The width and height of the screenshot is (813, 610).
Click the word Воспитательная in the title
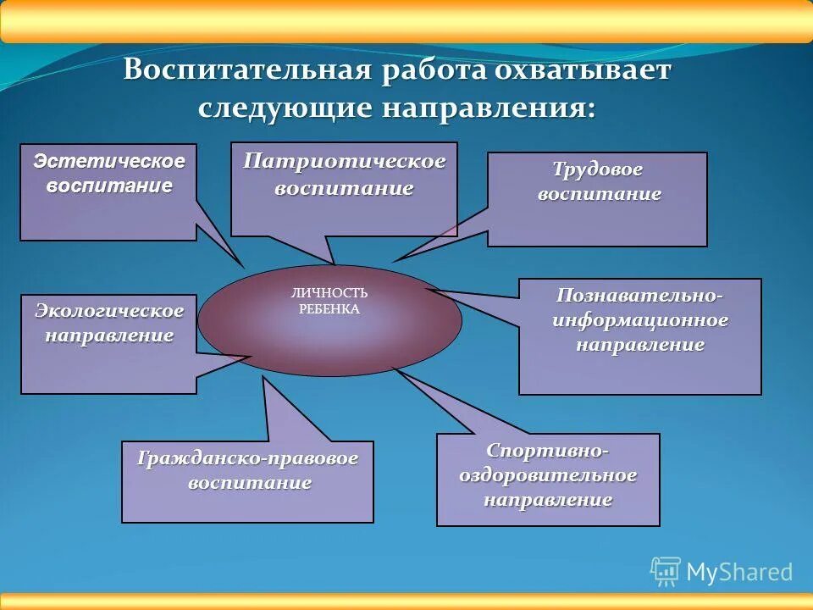(247, 70)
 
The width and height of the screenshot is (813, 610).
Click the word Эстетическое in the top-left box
(108, 161)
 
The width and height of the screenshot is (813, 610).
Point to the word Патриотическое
(344, 161)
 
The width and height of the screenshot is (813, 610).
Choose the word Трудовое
(598, 169)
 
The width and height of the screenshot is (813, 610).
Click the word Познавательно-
(640, 296)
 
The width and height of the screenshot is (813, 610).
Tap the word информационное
(640, 320)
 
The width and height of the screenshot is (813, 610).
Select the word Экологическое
(108, 311)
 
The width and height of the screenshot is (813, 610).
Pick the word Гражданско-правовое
(247, 458)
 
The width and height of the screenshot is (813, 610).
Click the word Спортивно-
(548, 450)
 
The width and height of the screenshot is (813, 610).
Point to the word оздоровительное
(548, 474)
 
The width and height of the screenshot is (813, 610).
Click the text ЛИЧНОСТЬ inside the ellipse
(329, 292)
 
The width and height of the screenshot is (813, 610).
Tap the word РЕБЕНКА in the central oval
(329, 309)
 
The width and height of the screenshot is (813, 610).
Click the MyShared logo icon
(666, 572)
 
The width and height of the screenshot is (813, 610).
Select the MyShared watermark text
(739, 573)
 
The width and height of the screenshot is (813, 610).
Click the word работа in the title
(434, 70)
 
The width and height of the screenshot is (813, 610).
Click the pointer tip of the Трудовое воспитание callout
(393, 260)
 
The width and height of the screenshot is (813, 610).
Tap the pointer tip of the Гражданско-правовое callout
(264, 378)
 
